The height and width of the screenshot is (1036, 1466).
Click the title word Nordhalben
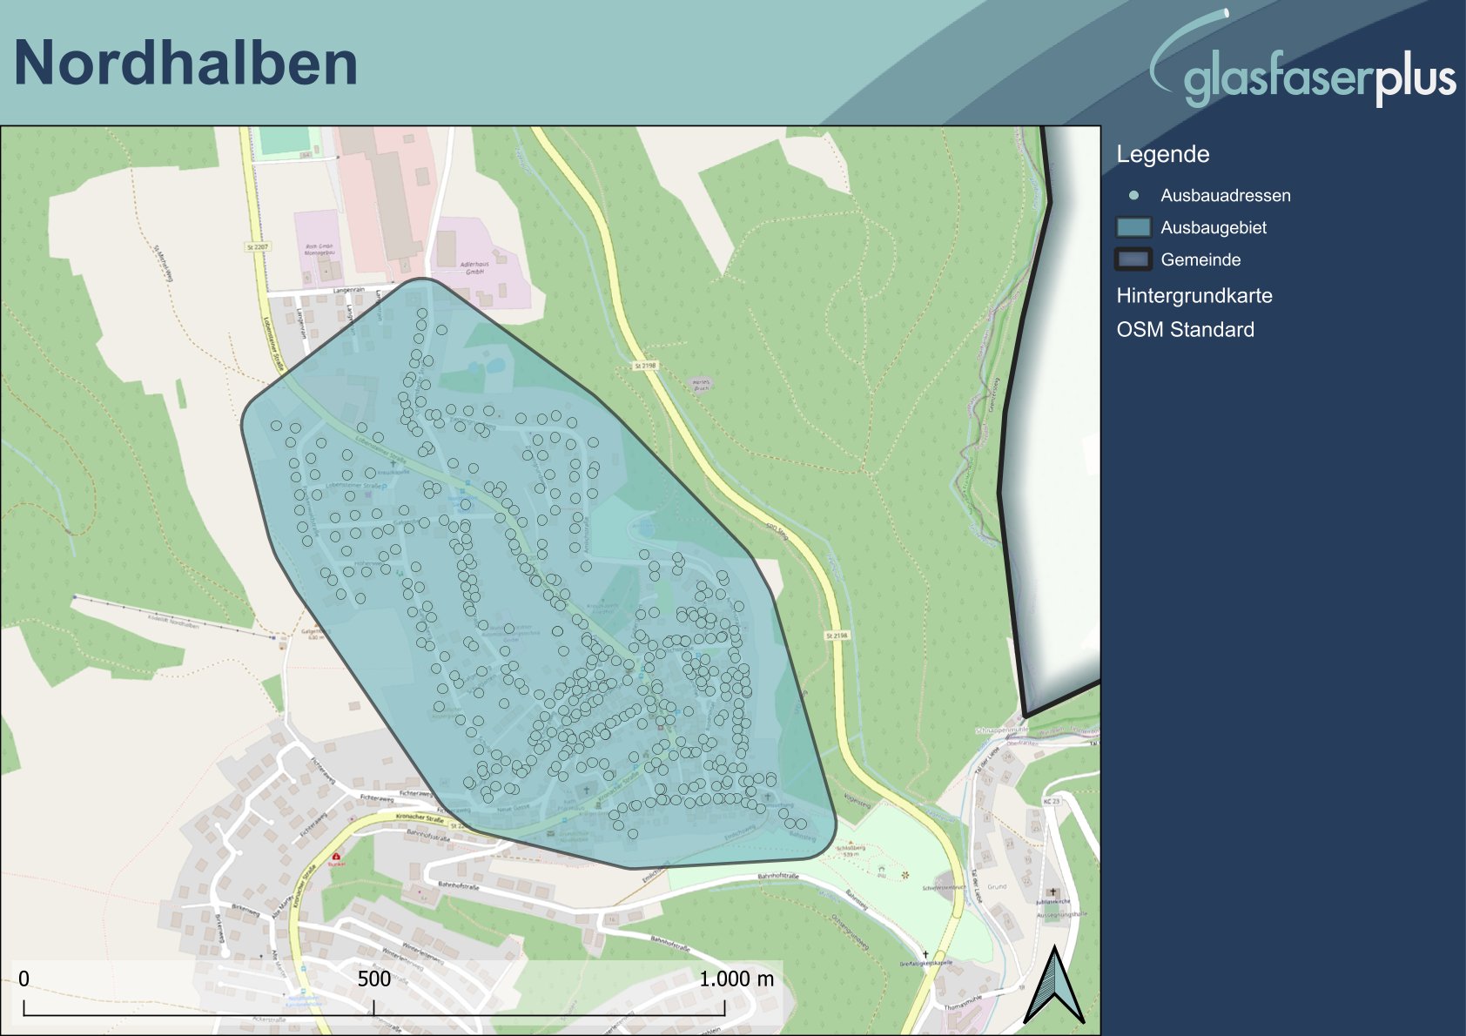[185, 64]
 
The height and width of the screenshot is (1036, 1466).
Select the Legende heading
[1162, 154]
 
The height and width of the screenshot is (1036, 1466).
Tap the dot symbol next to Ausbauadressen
[1133, 195]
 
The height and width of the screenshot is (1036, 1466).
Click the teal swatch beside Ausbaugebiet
[1133, 227]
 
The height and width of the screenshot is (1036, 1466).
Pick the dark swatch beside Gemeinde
[1133, 259]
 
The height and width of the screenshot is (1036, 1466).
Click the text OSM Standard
[1185, 329]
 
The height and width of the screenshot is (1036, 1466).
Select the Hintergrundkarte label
[1194, 295]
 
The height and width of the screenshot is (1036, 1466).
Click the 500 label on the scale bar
[374, 979]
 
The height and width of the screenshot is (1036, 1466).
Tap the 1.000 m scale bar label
[736, 979]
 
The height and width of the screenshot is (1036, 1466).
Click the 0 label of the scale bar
[24, 979]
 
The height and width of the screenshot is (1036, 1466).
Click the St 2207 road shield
[258, 247]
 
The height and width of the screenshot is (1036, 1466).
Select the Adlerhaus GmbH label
[474, 267]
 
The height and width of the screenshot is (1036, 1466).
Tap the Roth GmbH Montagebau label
[319, 249]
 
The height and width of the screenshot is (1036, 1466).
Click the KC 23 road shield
[1052, 801]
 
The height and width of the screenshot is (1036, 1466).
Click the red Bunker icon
[336, 857]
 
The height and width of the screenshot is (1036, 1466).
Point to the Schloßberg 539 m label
[851, 851]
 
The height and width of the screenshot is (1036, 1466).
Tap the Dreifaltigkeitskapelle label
[925, 963]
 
